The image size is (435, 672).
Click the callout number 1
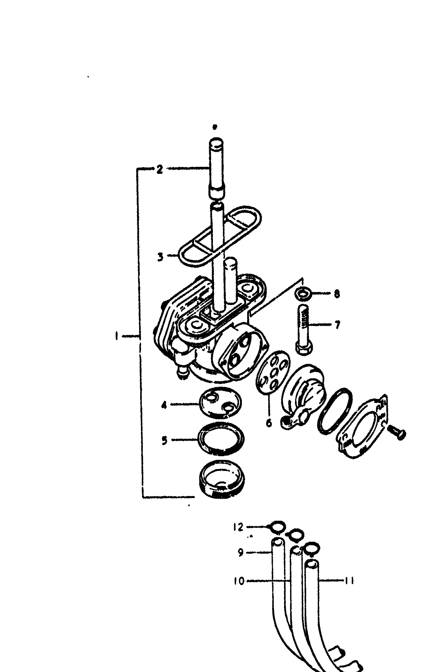[116, 336]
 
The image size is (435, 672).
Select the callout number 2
[160, 169]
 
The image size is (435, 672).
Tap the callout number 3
[160, 257]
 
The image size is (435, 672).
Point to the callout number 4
[164, 405]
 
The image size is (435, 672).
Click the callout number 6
[269, 423]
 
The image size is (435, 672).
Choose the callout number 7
[337, 325]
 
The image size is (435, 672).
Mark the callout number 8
[337, 294]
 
